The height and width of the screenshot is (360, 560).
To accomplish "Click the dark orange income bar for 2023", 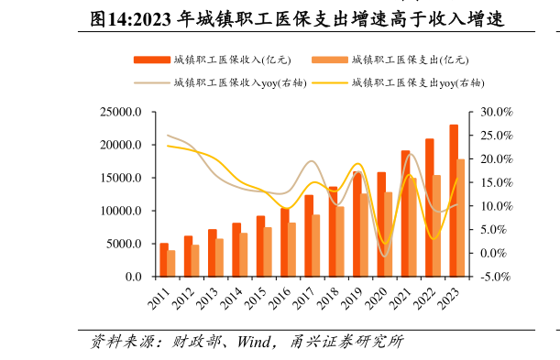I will click(x=454, y=201).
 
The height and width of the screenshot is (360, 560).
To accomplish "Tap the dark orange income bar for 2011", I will click(x=163, y=260).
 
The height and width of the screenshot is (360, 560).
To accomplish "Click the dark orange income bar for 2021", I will click(x=405, y=213).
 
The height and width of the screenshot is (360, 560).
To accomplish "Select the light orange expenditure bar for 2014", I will click(x=244, y=255).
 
